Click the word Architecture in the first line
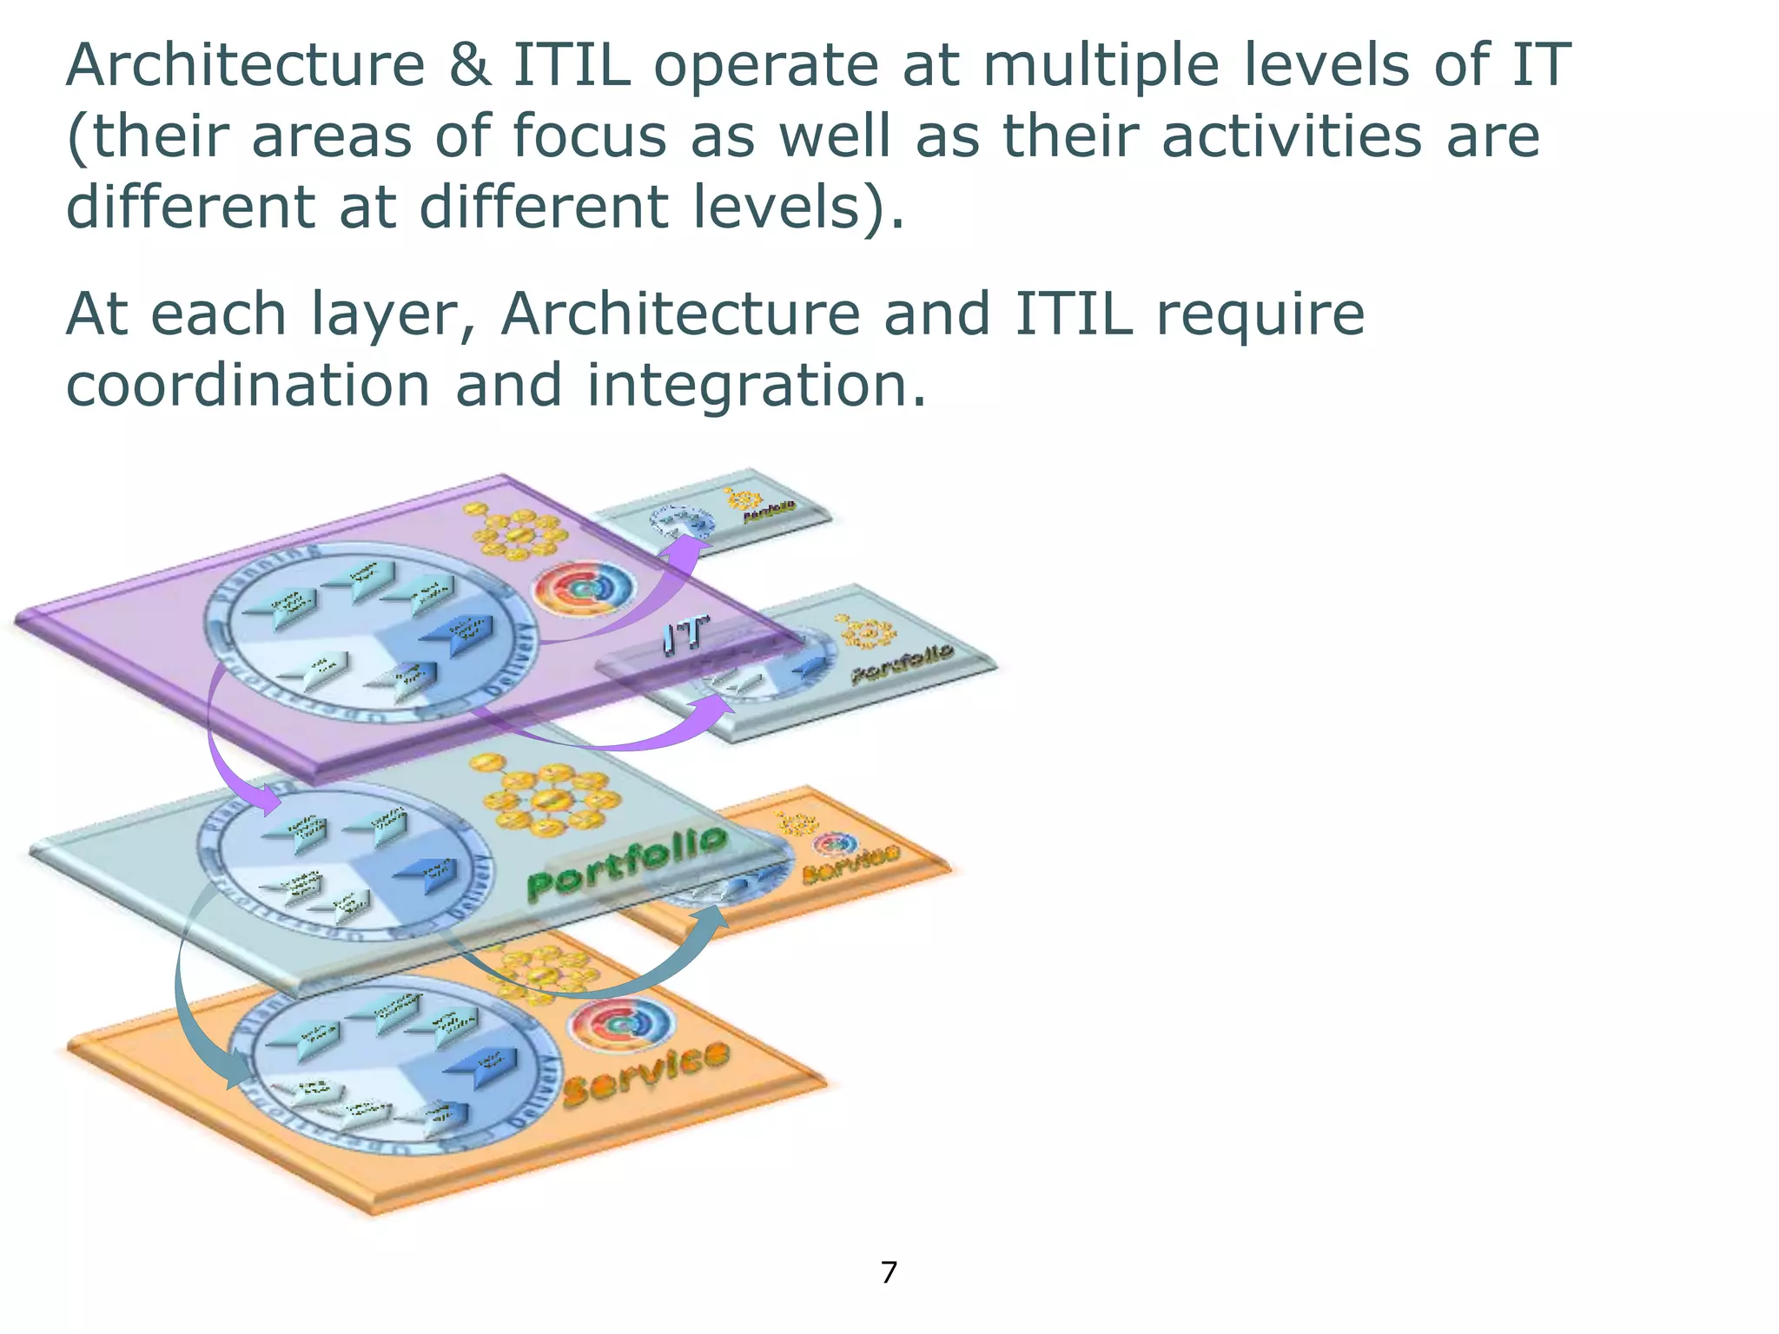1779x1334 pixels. (x=246, y=65)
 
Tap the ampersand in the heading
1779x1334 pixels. (x=470, y=65)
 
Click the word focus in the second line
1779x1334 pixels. (x=591, y=137)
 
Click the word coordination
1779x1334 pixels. (x=248, y=385)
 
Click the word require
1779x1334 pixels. (x=1260, y=314)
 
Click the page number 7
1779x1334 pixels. (x=889, y=1272)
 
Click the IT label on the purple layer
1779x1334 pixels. (x=685, y=635)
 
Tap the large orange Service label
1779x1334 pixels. (x=646, y=1074)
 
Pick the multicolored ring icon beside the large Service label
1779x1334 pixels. (x=619, y=1025)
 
